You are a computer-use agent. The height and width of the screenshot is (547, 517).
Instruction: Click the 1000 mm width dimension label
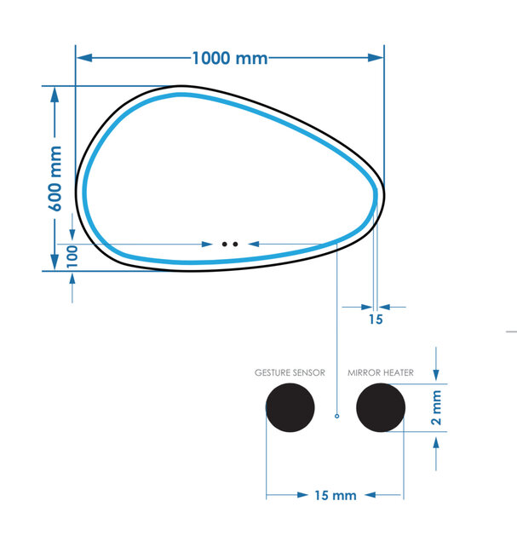click(x=229, y=58)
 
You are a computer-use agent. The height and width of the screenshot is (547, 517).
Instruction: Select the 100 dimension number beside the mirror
click(x=72, y=255)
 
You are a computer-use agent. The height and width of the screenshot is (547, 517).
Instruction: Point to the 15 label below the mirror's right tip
click(x=376, y=320)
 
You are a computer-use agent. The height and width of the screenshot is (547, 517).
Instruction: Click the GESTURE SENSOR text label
click(x=290, y=372)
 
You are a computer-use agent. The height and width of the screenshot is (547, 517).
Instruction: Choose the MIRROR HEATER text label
click(x=381, y=372)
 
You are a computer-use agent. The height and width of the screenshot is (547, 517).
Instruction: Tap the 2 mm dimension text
click(x=436, y=408)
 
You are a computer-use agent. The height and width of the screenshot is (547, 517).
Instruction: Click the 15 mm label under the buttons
click(x=335, y=495)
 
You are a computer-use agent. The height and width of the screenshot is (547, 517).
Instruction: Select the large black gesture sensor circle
click(x=290, y=408)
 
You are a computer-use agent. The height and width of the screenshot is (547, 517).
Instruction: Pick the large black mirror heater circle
click(x=381, y=408)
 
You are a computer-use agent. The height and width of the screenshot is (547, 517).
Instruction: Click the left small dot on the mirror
click(x=225, y=244)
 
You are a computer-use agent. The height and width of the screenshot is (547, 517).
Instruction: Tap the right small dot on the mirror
click(x=235, y=244)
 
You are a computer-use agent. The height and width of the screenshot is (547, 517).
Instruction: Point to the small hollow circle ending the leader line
click(x=337, y=416)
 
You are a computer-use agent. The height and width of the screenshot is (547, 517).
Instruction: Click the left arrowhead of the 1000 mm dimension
click(x=83, y=58)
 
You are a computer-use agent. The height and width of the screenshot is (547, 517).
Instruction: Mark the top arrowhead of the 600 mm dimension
click(x=55, y=93)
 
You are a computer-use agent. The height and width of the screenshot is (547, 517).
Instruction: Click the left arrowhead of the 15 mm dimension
click(x=273, y=495)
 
